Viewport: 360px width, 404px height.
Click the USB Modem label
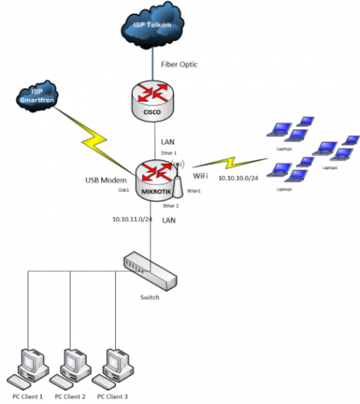point(96,180)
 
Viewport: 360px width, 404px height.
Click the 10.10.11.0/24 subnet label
point(132,220)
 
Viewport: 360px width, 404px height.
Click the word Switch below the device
point(149,297)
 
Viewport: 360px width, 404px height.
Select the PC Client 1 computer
point(30,367)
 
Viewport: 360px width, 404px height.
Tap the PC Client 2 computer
point(71,367)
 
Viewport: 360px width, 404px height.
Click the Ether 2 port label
point(170,206)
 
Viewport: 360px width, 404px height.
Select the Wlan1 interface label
point(194,191)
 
